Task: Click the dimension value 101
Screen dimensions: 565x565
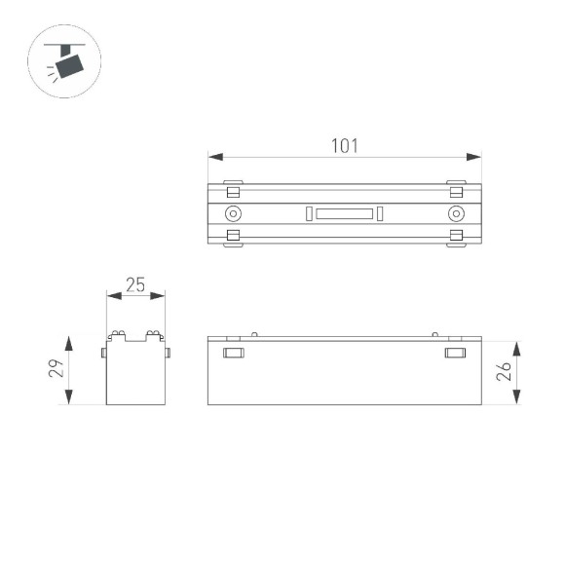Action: tap(345, 146)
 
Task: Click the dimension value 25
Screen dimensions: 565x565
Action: tap(134, 284)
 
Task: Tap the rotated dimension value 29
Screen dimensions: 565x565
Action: tap(56, 369)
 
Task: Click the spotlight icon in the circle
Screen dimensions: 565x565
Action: tap(66, 61)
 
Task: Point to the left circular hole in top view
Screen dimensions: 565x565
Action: tap(233, 214)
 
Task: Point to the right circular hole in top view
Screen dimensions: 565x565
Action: tap(455, 214)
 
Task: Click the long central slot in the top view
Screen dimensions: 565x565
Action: tap(344, 214)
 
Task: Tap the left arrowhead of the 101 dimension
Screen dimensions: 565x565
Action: tap(213, 156)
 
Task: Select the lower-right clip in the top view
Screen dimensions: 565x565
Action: tap(455, 236)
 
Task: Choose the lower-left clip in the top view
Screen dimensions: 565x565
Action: tap(233, 236)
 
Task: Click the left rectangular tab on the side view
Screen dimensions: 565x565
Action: tap(233, 352)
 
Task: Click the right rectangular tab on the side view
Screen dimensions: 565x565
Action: tap(455, 352)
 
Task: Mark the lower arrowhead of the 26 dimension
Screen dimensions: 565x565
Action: tap(516, 399)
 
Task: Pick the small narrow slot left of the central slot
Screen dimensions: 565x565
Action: tap(307, 214)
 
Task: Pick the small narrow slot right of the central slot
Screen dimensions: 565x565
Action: tap(381, 214)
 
